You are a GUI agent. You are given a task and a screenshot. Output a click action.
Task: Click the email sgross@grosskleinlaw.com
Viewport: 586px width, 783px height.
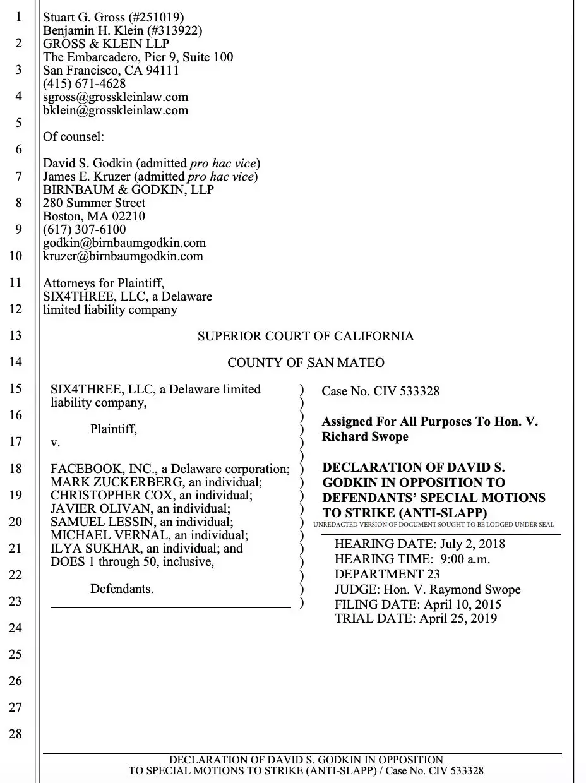116,97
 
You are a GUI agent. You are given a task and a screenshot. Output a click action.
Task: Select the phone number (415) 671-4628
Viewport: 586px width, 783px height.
84,83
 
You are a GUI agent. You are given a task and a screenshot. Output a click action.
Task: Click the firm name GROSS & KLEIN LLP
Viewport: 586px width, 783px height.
106,44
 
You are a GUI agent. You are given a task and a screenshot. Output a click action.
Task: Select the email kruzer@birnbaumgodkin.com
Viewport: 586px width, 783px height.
123,256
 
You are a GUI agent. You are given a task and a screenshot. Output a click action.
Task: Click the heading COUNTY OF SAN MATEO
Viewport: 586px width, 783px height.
306,362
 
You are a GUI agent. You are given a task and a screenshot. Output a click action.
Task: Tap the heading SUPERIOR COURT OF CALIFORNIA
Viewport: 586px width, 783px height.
306,336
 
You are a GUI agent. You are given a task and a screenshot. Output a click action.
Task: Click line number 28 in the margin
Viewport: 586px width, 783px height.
15,733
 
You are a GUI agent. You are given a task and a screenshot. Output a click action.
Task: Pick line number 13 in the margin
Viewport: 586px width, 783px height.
15,335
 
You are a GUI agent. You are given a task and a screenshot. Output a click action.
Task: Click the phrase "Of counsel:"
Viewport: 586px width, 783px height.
73,136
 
